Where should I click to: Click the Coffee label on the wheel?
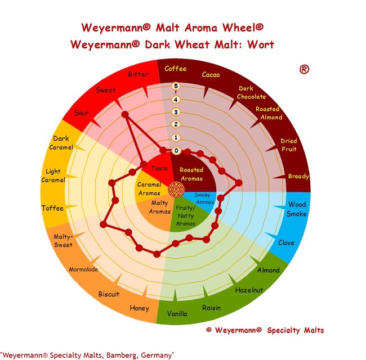176,69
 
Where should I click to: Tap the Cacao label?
211,75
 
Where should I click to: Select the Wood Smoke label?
297,209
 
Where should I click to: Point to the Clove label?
286,243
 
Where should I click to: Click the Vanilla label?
177,314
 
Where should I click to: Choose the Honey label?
139,308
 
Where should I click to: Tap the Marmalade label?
83,269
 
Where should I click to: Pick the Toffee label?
52,208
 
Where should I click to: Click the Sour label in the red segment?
82,113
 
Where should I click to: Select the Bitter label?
138,74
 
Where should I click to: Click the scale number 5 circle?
176,86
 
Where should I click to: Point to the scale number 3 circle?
176,112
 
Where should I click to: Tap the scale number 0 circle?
176,151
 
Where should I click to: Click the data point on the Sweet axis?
125,115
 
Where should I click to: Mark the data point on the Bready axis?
239,183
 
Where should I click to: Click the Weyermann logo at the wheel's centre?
176,189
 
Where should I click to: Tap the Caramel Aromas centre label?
149,189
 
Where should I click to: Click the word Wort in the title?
261,44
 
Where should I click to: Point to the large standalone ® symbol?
304,69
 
